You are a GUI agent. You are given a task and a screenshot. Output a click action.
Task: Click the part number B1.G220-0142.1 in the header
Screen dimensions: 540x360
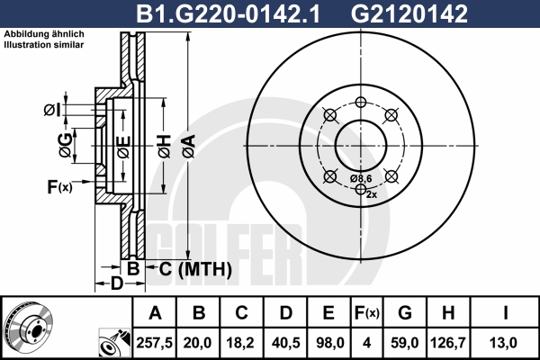pos(228,13)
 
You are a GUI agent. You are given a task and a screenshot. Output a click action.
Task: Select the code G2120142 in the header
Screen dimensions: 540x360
pos(409,13)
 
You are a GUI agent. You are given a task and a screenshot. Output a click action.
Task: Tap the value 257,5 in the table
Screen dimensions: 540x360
pos(154,343)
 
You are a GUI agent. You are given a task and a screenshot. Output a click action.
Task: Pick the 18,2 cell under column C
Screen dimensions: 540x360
pos(240,343)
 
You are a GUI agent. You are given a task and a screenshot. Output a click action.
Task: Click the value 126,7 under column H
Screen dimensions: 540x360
pos(448,343)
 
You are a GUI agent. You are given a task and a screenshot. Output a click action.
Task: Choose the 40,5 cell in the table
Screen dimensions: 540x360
pos(285,343)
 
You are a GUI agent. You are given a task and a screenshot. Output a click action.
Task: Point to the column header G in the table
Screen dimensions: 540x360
pos(405,313)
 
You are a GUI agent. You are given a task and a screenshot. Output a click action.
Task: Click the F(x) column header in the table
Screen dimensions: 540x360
pos(367,313)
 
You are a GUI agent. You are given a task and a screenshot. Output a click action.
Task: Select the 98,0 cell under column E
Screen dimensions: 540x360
pos(329,343)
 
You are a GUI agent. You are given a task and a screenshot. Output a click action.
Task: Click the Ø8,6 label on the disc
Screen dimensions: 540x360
pos(361,178)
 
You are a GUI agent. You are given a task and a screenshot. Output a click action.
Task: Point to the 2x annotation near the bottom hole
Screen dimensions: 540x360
pos(372,194)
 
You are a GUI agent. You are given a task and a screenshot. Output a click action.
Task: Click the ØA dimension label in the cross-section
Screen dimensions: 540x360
pos(189,147)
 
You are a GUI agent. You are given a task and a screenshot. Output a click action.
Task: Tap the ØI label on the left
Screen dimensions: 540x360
pos(52,110)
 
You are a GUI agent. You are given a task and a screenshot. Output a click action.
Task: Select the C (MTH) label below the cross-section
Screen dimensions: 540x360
pos(195,269)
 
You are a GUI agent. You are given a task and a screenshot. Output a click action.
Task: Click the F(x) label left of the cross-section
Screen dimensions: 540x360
pos(59,187)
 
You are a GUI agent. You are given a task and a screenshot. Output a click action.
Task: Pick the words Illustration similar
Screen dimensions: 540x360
pos(44,45)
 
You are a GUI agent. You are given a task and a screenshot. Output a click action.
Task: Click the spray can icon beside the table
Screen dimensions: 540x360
pos(114,343)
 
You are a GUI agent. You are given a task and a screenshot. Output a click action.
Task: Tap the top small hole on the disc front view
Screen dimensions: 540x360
pos(361,102)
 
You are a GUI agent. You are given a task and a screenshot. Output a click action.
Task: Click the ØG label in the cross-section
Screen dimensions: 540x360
pos(66,146)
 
